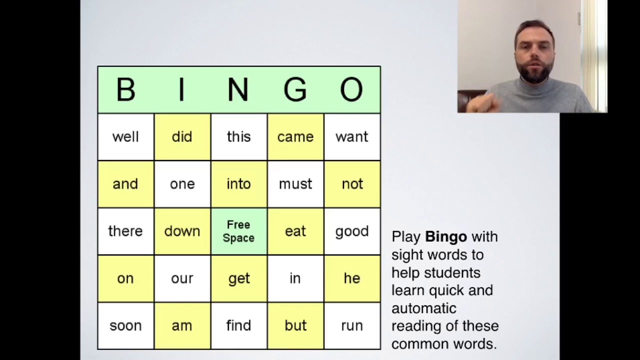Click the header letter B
pos(125,90)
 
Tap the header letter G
pos(295,90)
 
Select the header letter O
pos(351,90)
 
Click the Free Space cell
pos(238,231)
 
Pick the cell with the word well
pos(125,137)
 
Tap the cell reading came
pos(295,137)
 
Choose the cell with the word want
pos(351,137)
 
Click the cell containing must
pos(295,184)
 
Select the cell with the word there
pos(125,231)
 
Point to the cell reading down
pos(182,231)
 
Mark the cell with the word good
pos(351,231)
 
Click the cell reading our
pos(182,278)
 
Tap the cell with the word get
pos(238,278)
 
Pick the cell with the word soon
pos(125,326)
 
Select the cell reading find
pos(238,326)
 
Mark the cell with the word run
pos(351,326)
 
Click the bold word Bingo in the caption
pos(445,236)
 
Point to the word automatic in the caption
pos(423,308)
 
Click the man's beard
pos(534,75)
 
